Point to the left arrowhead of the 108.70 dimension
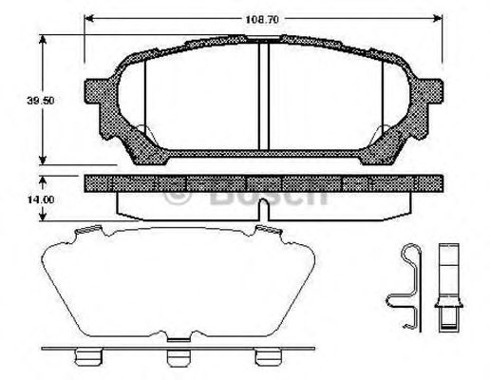[x=88, y=17]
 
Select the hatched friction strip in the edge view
[x=265, y=181]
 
